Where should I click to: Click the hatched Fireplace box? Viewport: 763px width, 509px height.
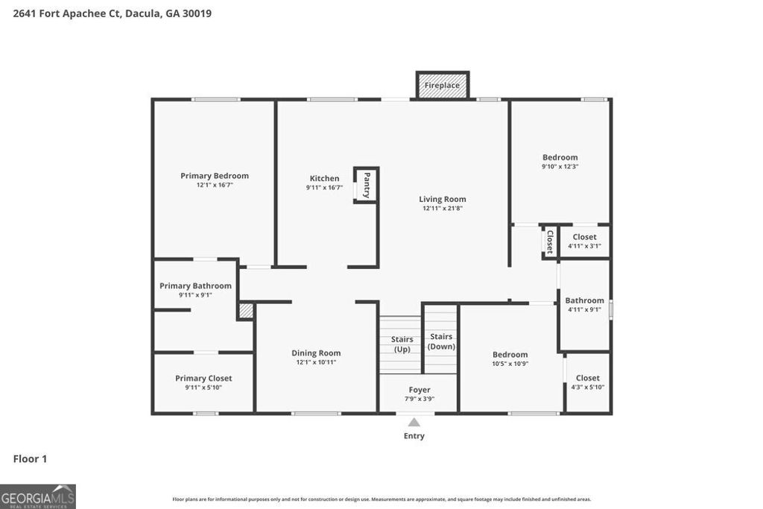click(x=443, y=85)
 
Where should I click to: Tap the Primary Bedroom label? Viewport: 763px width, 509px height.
click(x=215, y=176)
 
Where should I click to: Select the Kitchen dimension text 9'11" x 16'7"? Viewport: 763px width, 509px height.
click(x=324, y=188)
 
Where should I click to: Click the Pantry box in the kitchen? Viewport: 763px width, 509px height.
click(x=366, y=185)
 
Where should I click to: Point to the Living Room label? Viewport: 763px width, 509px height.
click(x=443, y=199)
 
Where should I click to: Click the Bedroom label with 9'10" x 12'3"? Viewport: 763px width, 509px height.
click(x=560, y=157)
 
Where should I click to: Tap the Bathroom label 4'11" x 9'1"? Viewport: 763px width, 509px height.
click(x=584, y=300)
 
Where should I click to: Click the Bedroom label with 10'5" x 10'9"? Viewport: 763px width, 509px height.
click(x=510, y=355)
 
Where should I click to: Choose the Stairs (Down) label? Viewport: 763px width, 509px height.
click(x=441, y=341)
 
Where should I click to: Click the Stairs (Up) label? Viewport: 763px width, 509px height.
click(x=402, y=344)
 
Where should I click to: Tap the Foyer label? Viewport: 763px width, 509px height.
click(x=419, y=390)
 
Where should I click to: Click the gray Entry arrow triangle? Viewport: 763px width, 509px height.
click(x=414, y=423)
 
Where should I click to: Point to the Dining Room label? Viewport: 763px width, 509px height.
click(x=316, y=353)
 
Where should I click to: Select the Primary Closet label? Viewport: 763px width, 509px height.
click(x=203, y=379)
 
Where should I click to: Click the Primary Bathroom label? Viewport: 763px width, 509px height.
click(x=195, y=285)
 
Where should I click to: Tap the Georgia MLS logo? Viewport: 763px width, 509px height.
click(x=38, y=496)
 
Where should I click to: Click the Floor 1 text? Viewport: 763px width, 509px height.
click(x=30, y=459)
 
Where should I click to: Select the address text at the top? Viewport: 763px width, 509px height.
click(x=113, y=13)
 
